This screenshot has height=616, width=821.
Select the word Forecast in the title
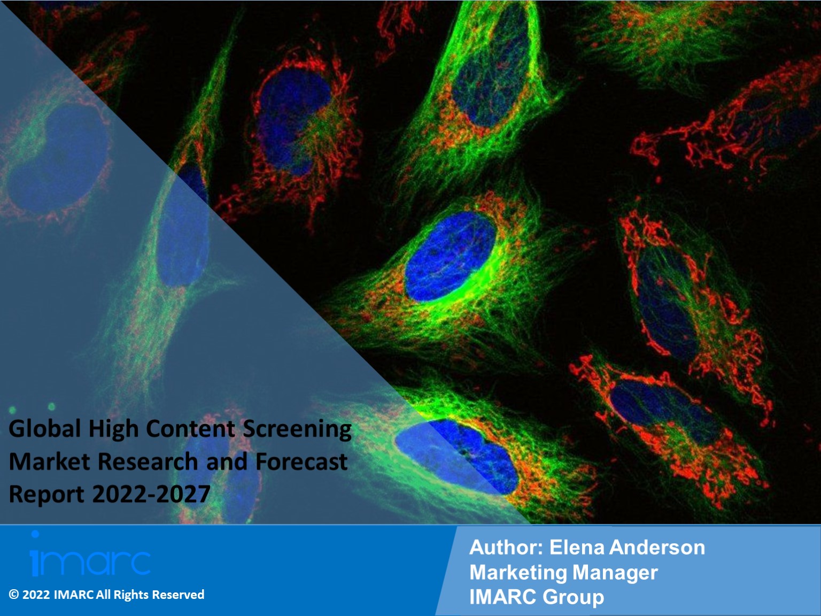(301, 461)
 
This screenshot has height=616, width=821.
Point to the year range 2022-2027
(151, 494)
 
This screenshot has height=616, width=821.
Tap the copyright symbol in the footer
(14, 595)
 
